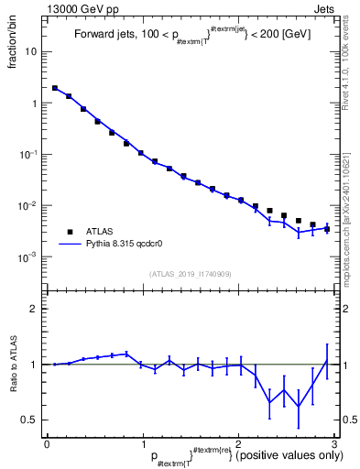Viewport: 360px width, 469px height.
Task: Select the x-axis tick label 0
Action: [47, 444]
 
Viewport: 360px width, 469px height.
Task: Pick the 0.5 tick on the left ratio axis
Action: [31, 420]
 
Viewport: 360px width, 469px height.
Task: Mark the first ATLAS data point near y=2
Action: [55, 88]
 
